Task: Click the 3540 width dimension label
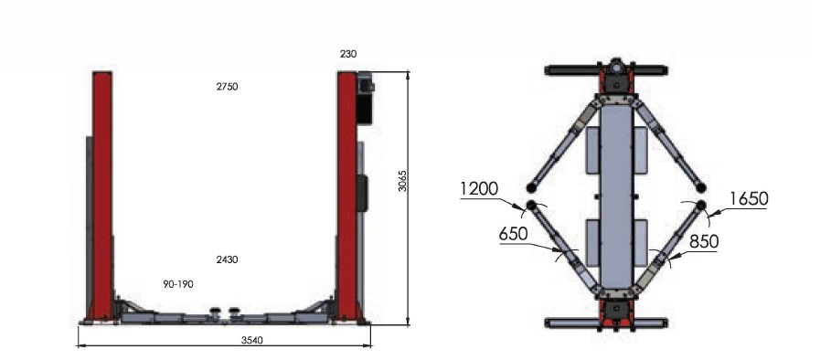pyautogui.click(x=252, y=340)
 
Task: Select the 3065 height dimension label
pyautogui.click(x=402, y=180)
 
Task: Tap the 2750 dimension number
pyautogui.click(x=227, y=87)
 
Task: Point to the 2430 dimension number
pyautogui.click(x=227, y=259)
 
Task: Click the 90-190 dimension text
pyautogui.click(x=178, y=284)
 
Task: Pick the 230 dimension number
pyautogui.click(x=348, y=54)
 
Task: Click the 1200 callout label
pyautogui.click(x=480, y=188)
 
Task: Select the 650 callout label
pyautogui.click(x=513, y=234)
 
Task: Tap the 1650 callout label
pyautogui.click(x=749, y=199)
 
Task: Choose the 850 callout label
pyautogui.click(x=704, y=241)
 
